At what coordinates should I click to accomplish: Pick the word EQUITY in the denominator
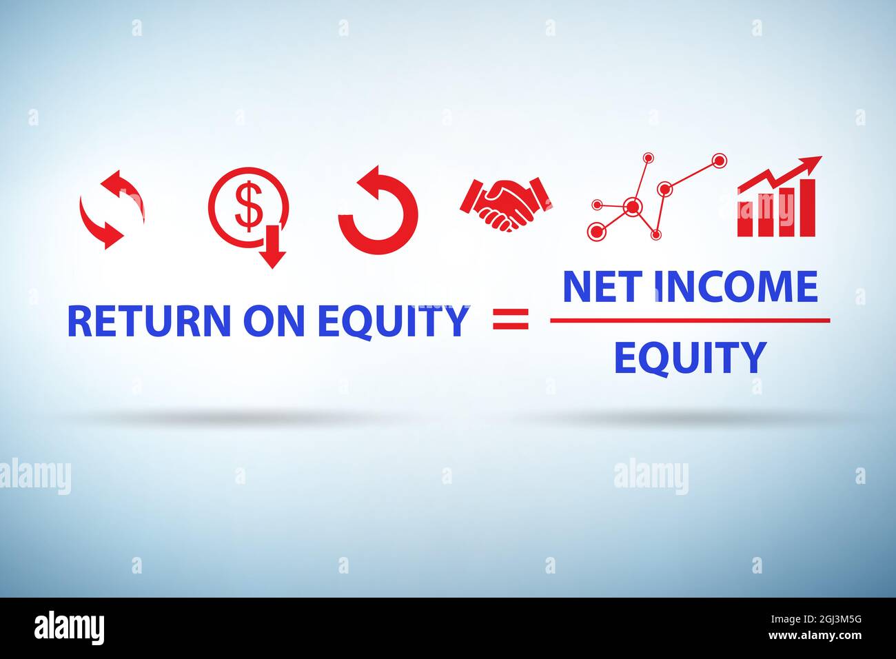pos(690,358)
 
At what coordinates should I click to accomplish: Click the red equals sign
pos(511,320)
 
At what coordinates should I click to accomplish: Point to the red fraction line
pos(690,321)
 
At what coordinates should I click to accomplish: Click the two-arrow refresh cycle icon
pos(112,209)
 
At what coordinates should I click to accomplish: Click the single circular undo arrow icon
pos(378,211)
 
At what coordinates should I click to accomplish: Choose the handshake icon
pos(506,205)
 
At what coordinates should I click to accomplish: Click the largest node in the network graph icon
pos(631,206)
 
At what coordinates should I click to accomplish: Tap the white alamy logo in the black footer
pos(70,628)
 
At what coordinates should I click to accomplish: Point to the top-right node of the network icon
pos(719,161)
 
